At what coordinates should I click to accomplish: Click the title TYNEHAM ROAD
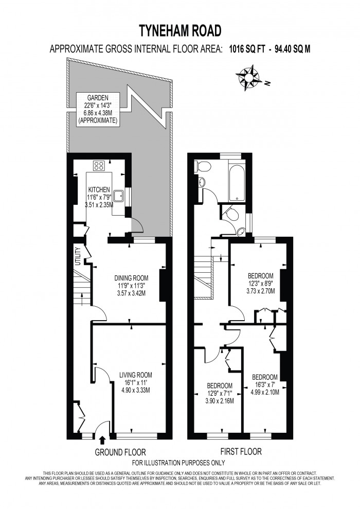coord(180,31)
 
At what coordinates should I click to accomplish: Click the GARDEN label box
coord(97,109)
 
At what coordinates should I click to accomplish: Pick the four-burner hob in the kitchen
coord(98,166)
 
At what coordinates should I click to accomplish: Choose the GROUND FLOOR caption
coord(120,452)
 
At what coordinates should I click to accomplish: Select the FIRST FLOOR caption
coord(241,452)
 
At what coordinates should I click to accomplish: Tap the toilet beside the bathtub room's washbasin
coord(204,166)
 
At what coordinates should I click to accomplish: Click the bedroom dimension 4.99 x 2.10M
coord(264,392)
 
